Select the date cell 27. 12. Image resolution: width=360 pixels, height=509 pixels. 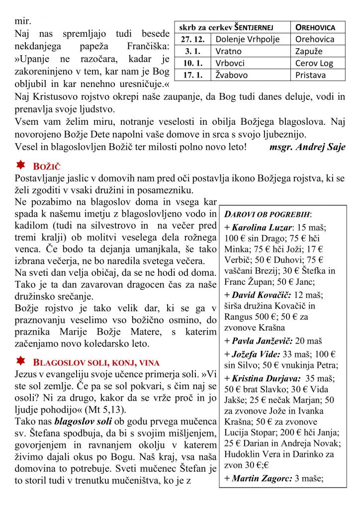(x=193, y=39)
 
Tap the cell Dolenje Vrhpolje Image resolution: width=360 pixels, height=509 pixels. (x=248, y=39)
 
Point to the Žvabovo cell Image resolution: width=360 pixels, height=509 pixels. (x=232, y=75)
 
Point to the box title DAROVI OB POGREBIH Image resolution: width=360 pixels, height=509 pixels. (x=268, y=214)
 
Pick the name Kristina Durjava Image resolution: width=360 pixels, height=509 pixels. (x=265, y=378)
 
